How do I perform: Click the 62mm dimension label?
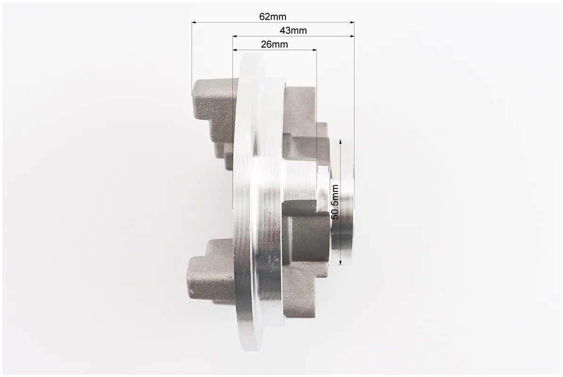coord(273,16)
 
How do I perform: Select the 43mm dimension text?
coord(293,31)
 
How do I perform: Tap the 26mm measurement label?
coord(274,44)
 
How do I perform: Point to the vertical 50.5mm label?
coord(335,202)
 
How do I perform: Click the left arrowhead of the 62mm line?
coord(193,22)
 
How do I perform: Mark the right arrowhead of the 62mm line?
coord(352,22)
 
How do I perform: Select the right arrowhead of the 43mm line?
coord(352,36)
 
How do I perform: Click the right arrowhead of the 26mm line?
coord(315,49)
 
